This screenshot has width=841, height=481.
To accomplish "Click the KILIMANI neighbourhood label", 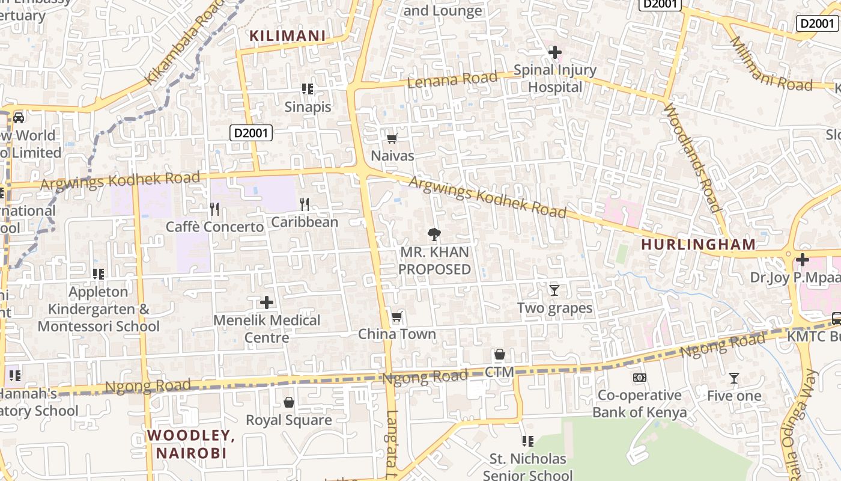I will coord(287,36).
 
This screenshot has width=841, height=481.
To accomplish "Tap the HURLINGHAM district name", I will coord(698,244).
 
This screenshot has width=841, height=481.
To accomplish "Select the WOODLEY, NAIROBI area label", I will coord(191,444).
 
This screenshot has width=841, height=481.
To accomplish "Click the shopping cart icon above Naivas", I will coord(392,139).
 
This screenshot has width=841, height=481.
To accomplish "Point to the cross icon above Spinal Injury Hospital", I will coord(554,53).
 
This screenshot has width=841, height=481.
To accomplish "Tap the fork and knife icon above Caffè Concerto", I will coord(214,209).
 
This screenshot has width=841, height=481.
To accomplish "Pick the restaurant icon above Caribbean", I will coord(305,204).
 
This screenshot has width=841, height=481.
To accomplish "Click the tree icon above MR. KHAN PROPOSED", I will coord(434,234).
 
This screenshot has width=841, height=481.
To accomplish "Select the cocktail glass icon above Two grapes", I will coord(554,290).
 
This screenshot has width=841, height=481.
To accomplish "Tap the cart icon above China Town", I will coord(396,317).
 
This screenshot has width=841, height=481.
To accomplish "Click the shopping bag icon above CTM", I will coord(499,355).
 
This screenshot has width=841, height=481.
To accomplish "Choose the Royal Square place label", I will coord(289,420).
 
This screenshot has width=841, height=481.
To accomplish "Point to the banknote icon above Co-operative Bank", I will coord(639,378).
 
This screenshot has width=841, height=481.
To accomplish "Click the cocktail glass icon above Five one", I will coord(733,378).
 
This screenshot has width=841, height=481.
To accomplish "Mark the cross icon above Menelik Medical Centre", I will coord(267,302).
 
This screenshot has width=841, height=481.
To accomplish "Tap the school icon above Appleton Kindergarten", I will coord(99,274).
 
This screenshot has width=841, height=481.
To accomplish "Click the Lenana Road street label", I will coord(452,79).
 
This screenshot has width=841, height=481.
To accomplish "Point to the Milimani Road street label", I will coord(771,64).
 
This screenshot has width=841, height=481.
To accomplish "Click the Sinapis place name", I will coord(308,107).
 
